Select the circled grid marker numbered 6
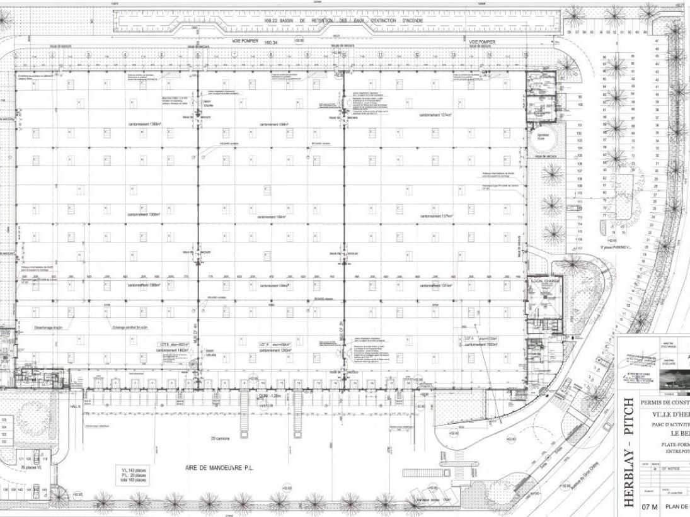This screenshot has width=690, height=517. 198,55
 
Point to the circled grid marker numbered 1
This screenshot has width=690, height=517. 15,55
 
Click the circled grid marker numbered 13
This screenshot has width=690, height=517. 452,55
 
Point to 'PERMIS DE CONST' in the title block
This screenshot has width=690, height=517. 665,402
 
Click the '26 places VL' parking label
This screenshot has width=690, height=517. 30,468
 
